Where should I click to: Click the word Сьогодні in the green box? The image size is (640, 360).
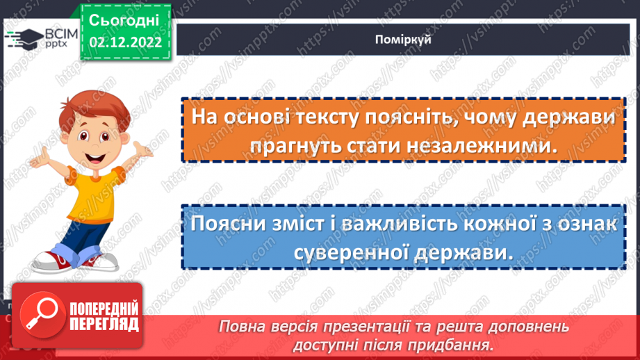click(124, 19)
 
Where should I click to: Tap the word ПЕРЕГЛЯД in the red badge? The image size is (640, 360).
click(104, 323)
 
